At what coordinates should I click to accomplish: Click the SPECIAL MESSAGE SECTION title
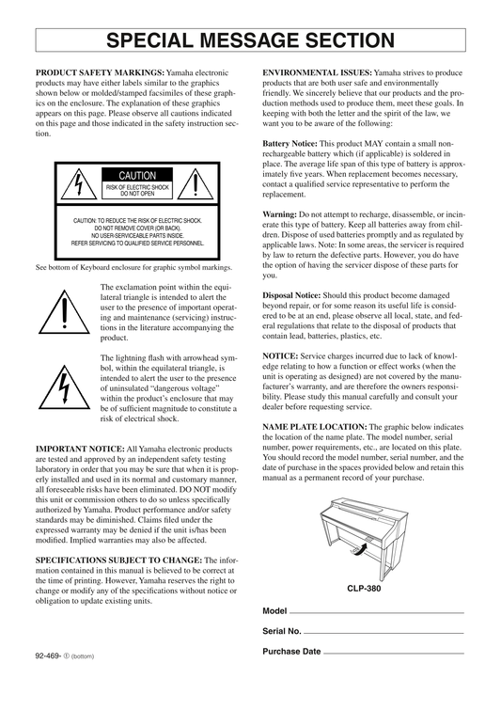tap(250, 39)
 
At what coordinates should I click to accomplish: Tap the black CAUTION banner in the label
tap(137, 175)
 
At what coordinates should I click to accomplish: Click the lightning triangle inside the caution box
tap(79, 184)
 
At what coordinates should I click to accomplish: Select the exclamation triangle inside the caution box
tap(196, 184)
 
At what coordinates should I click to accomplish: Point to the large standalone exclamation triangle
tap(65, 312)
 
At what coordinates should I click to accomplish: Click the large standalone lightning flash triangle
tap(65, 387)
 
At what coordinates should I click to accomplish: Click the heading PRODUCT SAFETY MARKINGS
tap(100, 73)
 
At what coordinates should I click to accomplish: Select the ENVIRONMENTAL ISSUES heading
tap(318, 73)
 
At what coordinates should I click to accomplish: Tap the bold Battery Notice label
tap(290, 144)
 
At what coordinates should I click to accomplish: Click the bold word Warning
tap(280, 214)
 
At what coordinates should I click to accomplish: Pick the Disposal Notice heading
tap(291, 295)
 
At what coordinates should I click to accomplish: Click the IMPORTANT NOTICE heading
tap(80, 450)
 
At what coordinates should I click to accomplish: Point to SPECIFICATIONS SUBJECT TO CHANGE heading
tap(119, 560)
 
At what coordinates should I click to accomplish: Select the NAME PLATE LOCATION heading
tap(315, 427)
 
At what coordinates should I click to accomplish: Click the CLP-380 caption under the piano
tap(364, 589)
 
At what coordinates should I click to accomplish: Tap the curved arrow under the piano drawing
tap(360, 549)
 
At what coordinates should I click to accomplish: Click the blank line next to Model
tap(377, 613)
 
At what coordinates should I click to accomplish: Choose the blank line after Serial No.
tap(384, 633)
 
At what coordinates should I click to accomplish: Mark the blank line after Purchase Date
tap(394, 654)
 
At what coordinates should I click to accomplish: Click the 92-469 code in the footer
tap(48, 655)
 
